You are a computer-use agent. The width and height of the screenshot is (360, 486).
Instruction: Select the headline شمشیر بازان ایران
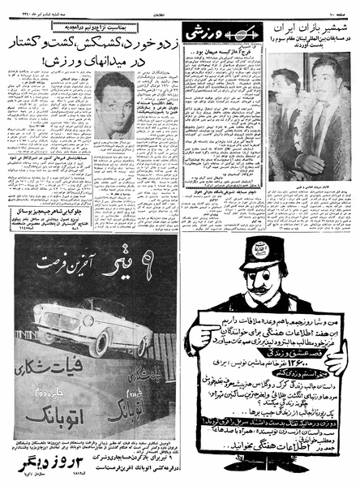pos(311,26)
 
